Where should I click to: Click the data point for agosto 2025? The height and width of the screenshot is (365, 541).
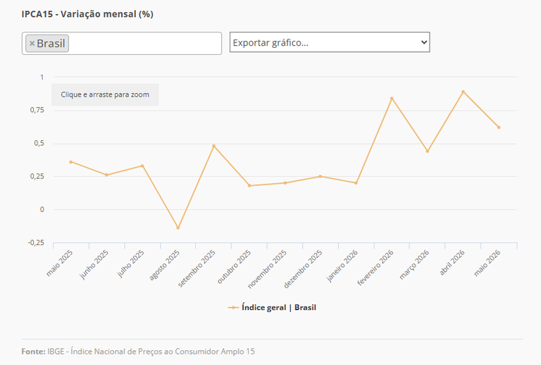tap(178, 228)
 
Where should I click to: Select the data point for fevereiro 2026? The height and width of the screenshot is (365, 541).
tap(392, 99)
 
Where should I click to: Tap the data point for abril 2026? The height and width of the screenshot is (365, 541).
tap(463, 92)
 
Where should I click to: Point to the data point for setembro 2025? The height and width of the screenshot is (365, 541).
tap(213, 146)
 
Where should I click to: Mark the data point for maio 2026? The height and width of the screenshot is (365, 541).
tap(499, 128)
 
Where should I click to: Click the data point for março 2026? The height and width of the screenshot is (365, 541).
tap(428, 151)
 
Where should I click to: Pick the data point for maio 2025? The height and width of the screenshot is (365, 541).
tap(70, 162)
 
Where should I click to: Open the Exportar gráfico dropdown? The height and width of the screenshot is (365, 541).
tap(330, 42)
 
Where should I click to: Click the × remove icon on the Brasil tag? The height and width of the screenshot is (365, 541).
tap(32, 44)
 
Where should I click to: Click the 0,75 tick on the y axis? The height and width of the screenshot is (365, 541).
tap(37, 110)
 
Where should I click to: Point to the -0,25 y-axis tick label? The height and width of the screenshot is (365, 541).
tap(36, 243)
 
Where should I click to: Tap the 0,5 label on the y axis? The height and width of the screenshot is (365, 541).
tap(39, 143)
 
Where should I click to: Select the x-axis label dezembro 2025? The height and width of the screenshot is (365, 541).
tap(303, 269)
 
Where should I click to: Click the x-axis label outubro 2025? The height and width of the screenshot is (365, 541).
tap(234, 267)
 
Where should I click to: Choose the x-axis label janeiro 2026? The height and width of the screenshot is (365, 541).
tap(342, 266)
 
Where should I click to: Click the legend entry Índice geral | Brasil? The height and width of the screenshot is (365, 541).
tap(272, 307)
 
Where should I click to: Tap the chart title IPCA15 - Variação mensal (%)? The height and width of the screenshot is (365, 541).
tap(87, 14)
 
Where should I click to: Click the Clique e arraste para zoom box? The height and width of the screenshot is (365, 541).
tap(105, 94)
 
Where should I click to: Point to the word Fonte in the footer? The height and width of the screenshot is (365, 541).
tap(34, 352)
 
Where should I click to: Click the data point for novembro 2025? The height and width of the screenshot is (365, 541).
tap(285, 182)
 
